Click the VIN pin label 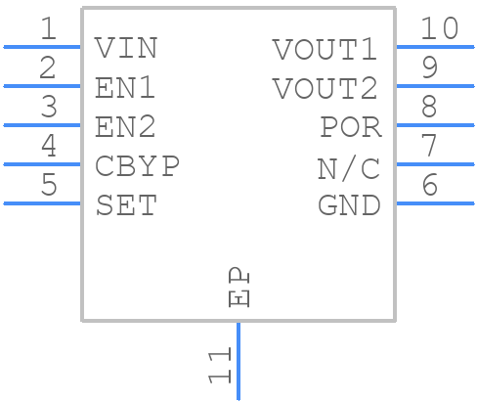(126, 48)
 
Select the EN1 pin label (126, 88)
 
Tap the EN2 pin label (126, 127)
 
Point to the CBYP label (138, 166)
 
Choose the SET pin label (126, 205)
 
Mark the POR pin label (350, 127)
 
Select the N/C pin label (349, 167)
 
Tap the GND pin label (350, 205)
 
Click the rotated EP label (238, 288)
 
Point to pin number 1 (48, 29)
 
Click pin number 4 (48, 147)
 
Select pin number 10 (439, 29)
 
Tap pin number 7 (428, 147)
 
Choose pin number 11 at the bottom (220, 364)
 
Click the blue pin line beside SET (42, 203)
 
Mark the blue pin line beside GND (435, 203)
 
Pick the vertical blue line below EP (238, 362)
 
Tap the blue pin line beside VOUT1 (435, 47)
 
